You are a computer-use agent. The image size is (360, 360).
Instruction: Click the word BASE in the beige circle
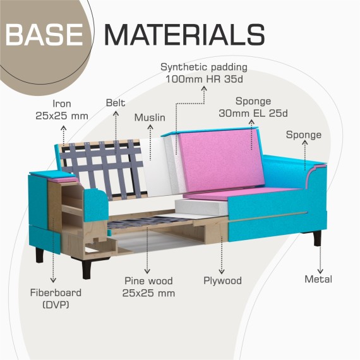tap(44, 35)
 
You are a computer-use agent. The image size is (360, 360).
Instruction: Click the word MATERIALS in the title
tap(185, 35)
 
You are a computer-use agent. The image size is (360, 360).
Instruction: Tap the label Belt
tap(116, 103)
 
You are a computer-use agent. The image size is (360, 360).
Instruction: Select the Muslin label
tap(150, 117)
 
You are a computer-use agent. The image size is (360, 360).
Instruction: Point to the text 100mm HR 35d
tap(205, 79)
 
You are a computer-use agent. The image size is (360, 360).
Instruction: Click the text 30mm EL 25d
tap(253, 113)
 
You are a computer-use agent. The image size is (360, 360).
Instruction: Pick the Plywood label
tap(222, 281)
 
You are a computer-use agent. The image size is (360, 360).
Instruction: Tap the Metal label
tap(318, 279)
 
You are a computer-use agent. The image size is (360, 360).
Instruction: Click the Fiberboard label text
tap(56, 292)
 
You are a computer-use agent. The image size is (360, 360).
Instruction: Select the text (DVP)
tap(56, 304)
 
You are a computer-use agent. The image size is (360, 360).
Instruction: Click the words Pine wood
tap(148, 281)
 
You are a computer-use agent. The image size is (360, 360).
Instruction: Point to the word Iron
tap(62, 104)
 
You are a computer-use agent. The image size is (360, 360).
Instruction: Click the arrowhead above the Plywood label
tap(222, 272)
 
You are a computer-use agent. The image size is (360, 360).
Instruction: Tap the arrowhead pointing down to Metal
tap(320, 271)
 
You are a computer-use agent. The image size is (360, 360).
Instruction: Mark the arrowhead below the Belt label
tap(116, 113)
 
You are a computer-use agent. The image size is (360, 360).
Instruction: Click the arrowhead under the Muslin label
tap(150, 127)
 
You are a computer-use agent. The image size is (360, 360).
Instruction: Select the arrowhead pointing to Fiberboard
tap(53, 280)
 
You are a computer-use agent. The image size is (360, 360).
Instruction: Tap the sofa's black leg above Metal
tap(317, 239)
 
